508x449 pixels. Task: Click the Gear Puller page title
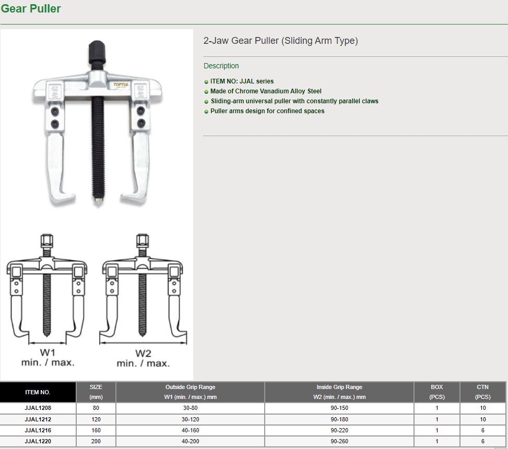(31, 9)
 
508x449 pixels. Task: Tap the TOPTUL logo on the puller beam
(121, 85)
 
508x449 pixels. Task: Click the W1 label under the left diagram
(48, 353)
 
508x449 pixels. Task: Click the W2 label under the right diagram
(143, 353)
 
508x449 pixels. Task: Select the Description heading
(221, 66)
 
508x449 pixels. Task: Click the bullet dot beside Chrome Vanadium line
(206, 92)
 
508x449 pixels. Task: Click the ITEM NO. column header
(38, 392)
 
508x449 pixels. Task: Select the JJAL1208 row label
(38, 408)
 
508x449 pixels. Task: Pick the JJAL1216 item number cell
(38, 430)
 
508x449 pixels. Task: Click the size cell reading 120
(96, 419)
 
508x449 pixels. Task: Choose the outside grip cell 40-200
(190, 441)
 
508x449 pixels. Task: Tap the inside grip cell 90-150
(339, 408)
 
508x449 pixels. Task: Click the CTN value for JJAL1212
(483, 419)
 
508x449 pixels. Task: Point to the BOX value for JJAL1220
(436, 441)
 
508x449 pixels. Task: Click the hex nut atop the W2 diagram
(143, 240)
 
